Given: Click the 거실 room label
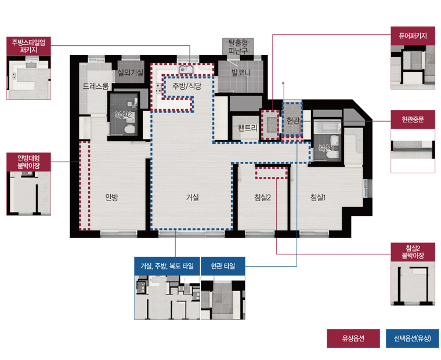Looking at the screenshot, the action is click(x=193, y=197).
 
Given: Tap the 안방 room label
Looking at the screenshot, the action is click(x=111, y=197).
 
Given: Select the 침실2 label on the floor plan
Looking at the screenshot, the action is click(x=262, y=197).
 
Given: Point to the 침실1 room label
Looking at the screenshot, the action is click(x=318, y=197).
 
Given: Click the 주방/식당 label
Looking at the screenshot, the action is click(x=187, y=86).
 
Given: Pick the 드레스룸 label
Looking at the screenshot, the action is click(x=96, y=86).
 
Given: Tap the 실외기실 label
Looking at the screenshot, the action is click(x=130, y=72).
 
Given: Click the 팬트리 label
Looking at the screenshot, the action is click(x=248, y=128).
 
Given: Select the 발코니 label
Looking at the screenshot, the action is click(x=241, y=72).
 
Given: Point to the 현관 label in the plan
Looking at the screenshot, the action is click(x=293, y=121).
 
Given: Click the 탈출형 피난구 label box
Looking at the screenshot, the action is click(x=238, y=46).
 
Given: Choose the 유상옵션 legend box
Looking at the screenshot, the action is click(x=353, y=339).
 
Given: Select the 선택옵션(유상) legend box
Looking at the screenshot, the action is click(x=413, y=339).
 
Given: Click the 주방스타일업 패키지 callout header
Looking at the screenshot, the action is click(x=28, y=46).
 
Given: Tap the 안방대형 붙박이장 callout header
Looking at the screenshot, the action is click(x=28, y=162).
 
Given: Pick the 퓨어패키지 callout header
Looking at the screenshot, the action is click(x=413, y=36).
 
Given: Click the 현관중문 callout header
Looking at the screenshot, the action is click(x=413, y=120).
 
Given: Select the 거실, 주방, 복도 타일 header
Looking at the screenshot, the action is click(x=167, y=266).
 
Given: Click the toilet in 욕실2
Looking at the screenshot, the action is click(x=129, y=129).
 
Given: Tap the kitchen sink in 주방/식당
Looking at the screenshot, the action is click(x=186, y=68).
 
